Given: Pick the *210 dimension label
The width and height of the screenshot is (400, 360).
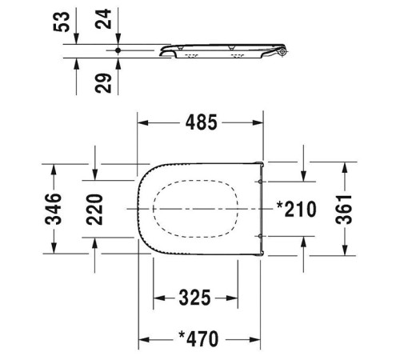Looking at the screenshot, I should pyautogui.click(x=296, y=210).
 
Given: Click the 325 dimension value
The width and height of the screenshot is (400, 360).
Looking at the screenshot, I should pyautogui.click(x=195, y=298).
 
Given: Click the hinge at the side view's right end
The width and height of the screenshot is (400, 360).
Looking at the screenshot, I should pyautogui.click(x=281, y=52).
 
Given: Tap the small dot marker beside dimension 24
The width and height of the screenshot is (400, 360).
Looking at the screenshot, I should pyautogui.click(x=118, y=50).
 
